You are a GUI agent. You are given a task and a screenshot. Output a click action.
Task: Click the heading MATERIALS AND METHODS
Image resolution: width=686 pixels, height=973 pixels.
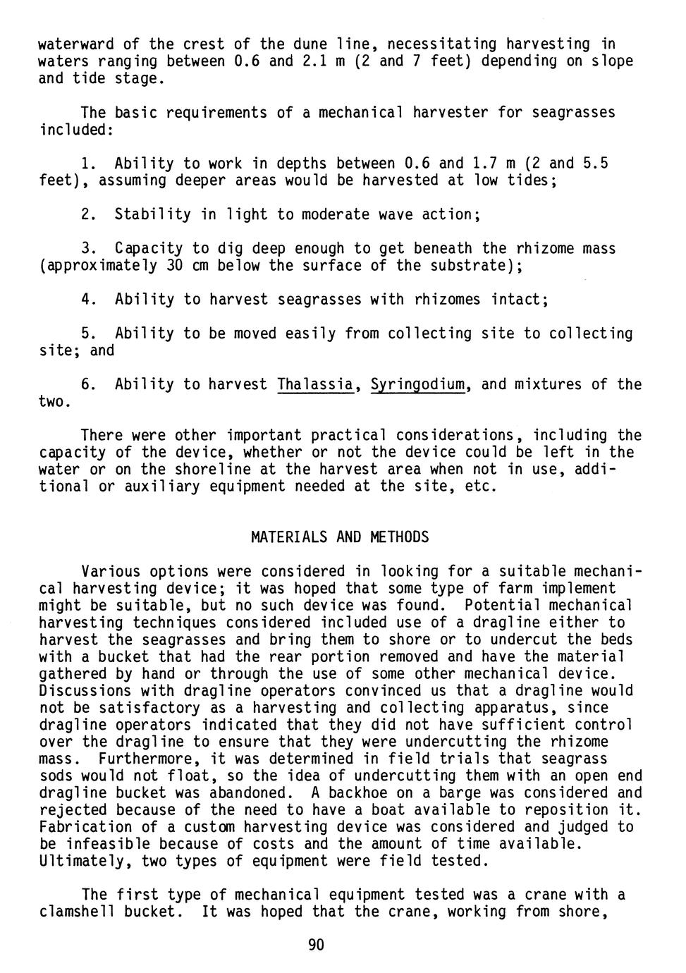pos(339,537)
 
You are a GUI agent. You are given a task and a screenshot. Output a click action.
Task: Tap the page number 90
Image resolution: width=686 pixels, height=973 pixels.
pos(317,946)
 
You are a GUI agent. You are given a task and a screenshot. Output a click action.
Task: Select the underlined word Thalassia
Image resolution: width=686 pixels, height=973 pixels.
pos(314,385)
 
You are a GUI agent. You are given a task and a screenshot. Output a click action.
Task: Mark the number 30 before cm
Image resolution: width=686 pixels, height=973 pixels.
pos(175,266)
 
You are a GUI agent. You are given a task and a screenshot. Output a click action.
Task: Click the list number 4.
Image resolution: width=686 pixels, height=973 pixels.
pos(88,300)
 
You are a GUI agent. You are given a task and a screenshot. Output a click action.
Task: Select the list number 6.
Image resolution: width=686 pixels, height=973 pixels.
pos(88,385)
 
